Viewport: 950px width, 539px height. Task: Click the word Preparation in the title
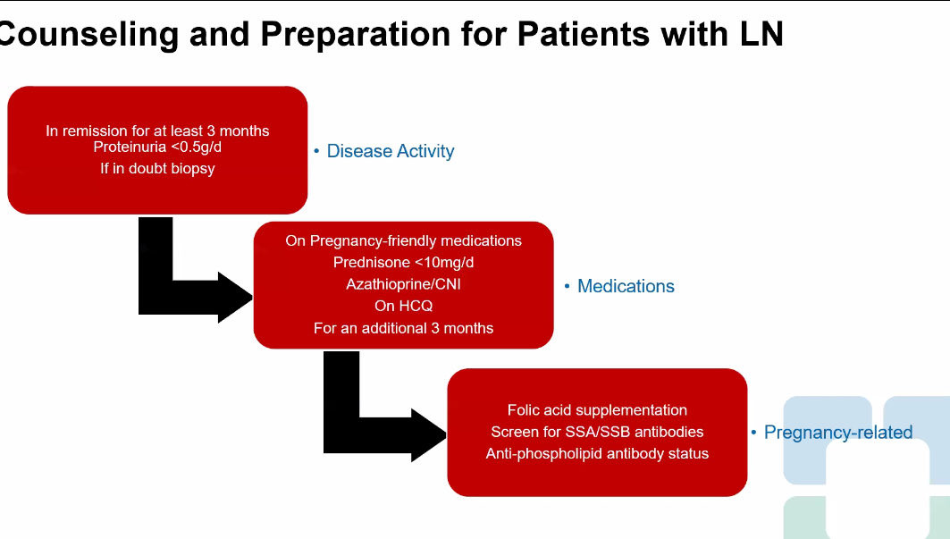pos(356,35)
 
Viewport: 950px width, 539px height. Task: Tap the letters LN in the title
pos(761,33)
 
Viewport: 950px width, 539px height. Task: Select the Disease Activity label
pos(391,151)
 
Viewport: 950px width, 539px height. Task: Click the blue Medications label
pos(626,286)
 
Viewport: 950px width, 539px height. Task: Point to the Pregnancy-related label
pos(838,433)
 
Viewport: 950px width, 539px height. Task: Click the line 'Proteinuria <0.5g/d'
pos(157,147)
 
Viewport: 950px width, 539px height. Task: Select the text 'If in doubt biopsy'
pos(157,169)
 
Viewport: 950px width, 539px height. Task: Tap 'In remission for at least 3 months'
pos(157,131)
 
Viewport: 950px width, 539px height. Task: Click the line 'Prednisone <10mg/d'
pos(404,263)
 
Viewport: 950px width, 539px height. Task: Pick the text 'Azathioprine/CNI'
pos(404,284)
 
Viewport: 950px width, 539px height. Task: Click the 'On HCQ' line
pos(404,307)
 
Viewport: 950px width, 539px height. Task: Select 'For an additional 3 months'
pos(404,328)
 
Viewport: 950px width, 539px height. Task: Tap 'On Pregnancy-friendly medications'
pos(404,240)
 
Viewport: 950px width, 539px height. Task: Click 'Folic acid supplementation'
pos(597,410)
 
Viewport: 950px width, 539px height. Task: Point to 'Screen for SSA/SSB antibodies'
pos(597,432)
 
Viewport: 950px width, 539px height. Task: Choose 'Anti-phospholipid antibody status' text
pos(597,453)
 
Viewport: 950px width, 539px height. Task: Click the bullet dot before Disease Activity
pos(317,151)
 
